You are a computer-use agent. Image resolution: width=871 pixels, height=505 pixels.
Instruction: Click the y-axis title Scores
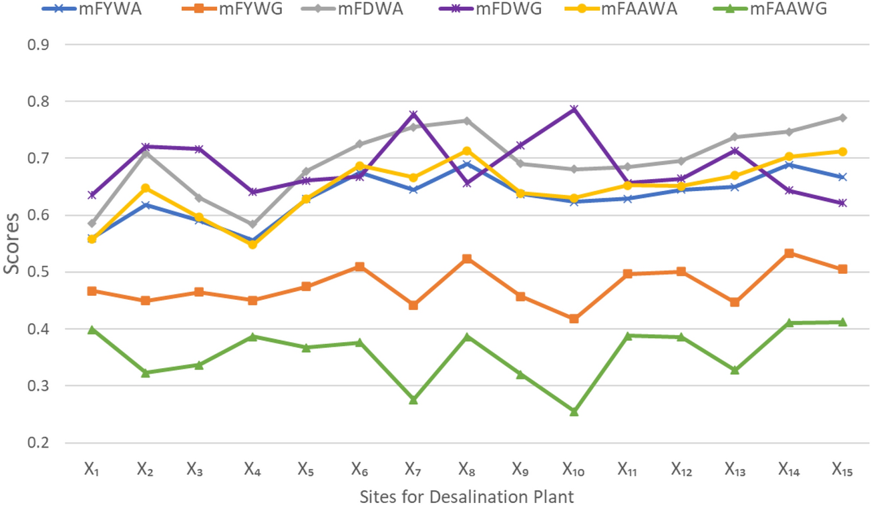click(11, 243)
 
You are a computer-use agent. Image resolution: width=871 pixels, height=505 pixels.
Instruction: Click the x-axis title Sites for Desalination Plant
click(466, 496)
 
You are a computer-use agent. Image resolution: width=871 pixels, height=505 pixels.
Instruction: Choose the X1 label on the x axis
click(92, 470)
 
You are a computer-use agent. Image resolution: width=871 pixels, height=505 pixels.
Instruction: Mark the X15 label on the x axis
click(842, 470)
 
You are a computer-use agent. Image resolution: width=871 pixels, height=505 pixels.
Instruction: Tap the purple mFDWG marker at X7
click(413, 115)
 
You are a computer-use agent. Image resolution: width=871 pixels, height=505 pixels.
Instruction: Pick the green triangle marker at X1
click(92, 330)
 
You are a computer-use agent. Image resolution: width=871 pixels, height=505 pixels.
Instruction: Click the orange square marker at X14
click(790, 253)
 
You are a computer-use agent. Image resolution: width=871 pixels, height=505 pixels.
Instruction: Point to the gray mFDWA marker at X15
click(843, 118)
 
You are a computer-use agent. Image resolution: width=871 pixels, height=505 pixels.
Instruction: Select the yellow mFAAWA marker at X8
click(467, 151)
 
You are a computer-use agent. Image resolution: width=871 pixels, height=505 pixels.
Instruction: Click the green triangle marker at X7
click(413, 399)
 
